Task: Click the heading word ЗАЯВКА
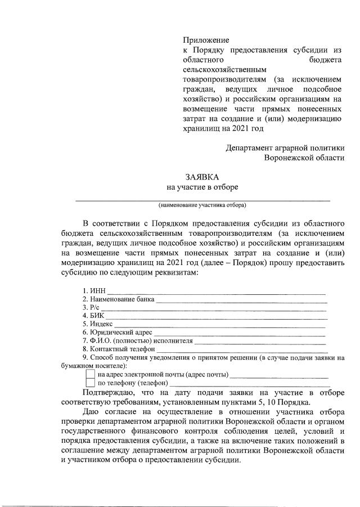click(x=201, y=177)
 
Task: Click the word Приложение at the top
click(x=205, y=41)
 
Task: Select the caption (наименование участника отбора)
click(x=202, y=205)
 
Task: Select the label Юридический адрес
click(x=121, y=333)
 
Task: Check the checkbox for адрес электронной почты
click(x=90, y=374)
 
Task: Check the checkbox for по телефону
click(x=90, y=383)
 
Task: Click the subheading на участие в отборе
click(x=201, y=187)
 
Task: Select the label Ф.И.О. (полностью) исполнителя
click(x=137, y=341)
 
